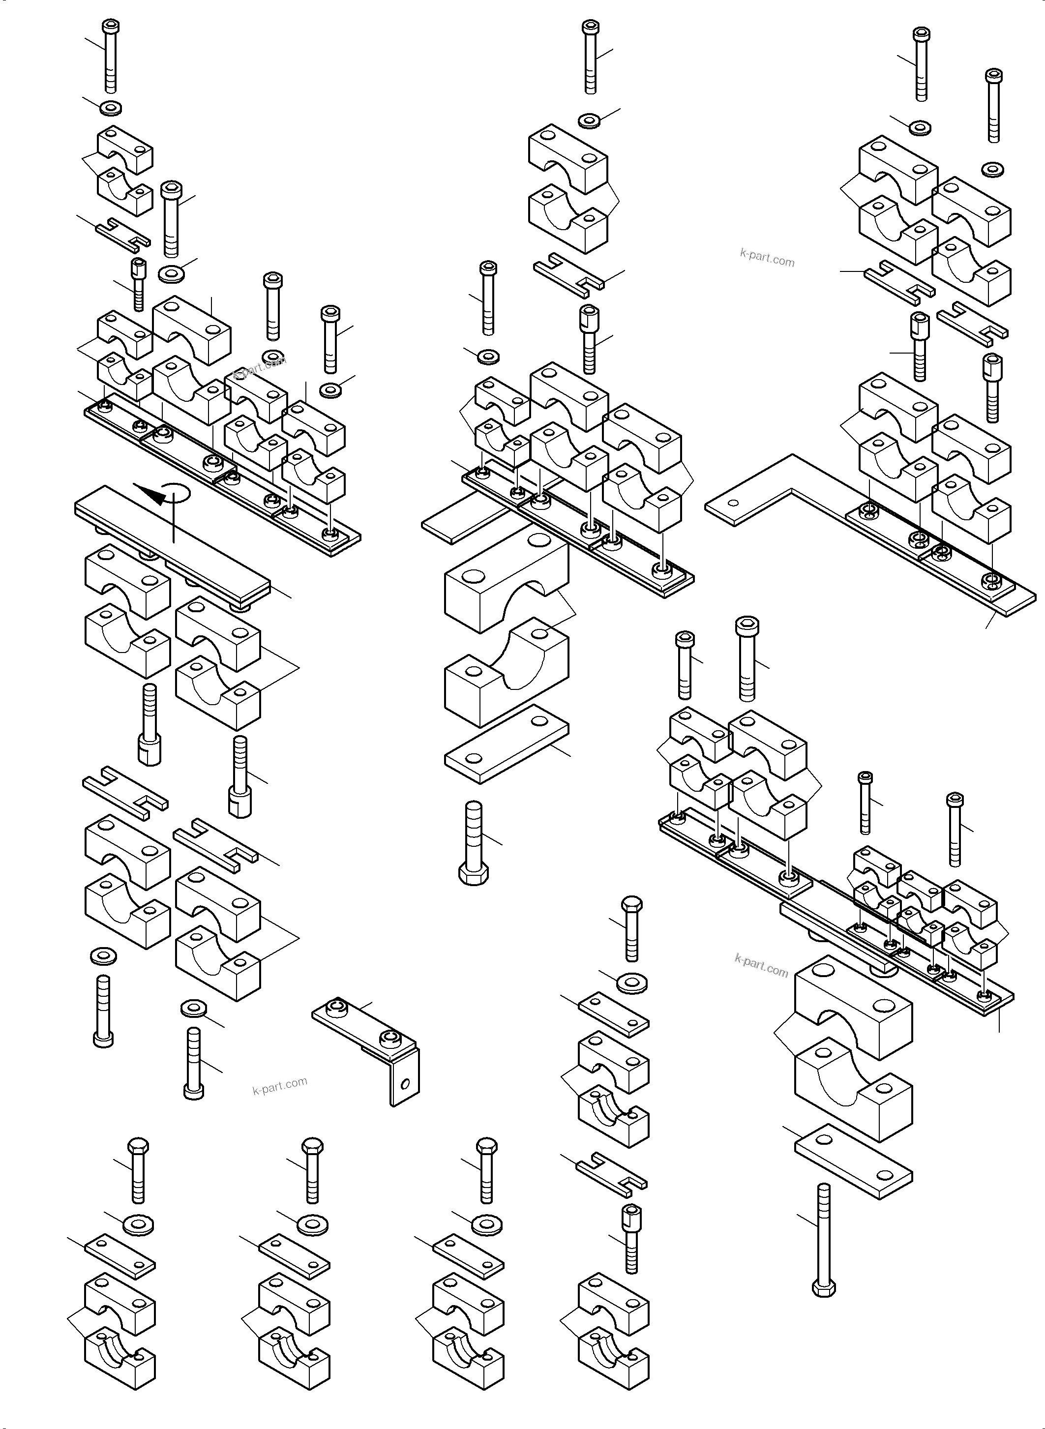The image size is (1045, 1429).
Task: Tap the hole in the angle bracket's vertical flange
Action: pos(406,1084)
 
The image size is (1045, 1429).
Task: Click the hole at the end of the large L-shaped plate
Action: pos(733,504)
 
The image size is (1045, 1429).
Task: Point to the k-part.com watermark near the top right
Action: pos(767,259)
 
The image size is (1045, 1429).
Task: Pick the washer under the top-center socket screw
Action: pos(590,120)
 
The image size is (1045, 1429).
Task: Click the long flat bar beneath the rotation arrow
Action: pos(172,545)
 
